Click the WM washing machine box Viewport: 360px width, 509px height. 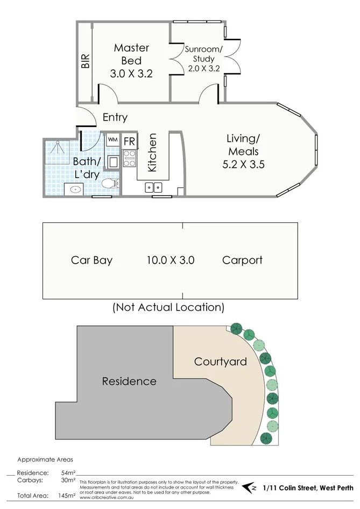pos(112,140)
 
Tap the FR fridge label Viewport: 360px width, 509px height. pos(130,142)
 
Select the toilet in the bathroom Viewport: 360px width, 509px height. pos(110,184)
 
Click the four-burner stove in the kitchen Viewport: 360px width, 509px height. pos(130,158)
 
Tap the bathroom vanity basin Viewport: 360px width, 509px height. pos(74,189)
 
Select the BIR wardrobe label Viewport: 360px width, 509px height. pos(85,60)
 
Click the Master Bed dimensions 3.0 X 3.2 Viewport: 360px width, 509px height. pos(131,74)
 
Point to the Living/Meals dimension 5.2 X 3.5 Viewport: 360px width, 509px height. pos(243,164)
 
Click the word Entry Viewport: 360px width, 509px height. pos(115,118)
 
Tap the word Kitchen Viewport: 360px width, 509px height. pos(152,153)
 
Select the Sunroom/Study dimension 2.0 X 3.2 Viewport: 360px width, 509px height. pos(203,68)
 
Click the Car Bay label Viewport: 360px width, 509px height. pos(91,260)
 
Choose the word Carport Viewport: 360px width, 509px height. pos(242,260)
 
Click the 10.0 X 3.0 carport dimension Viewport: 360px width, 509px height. pos(170,260)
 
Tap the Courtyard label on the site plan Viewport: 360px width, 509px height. pos(220,361)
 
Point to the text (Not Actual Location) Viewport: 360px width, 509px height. pos(168,307)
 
